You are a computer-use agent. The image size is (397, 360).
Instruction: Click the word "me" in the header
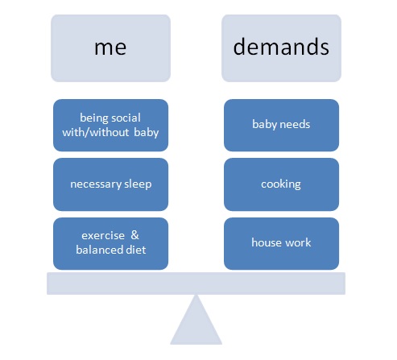(x=110, y=48)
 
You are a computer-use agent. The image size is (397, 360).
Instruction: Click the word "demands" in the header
(x=281, y=47)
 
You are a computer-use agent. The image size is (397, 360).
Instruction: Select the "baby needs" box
(x=281, y=126)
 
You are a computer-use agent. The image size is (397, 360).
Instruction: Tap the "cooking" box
(x=281, y=184)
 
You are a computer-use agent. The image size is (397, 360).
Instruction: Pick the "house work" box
(x=281, y=244)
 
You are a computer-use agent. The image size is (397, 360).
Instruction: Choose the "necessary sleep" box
(x=110, y=184)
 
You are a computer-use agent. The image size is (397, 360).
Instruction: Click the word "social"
(x=126, y=118)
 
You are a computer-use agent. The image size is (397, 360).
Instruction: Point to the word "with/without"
(x=96, y=133)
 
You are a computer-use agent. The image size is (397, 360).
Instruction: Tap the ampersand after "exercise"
(x=134, y=235)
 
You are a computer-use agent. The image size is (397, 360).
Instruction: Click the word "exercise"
(x=103, y=236)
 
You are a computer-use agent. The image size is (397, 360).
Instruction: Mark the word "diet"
(x=136, y=250)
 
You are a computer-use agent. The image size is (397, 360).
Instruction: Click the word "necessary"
(x=96, y=184)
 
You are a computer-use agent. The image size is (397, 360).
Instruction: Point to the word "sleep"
(x=138, y=184)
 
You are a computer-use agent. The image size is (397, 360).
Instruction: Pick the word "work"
(x=298, y=242)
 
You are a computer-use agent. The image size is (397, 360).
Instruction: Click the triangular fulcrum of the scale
(x=196, y=325)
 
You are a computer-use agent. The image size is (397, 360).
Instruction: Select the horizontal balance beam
(x=196, y=283)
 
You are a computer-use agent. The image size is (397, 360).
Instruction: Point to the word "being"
(x=94, y=118)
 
